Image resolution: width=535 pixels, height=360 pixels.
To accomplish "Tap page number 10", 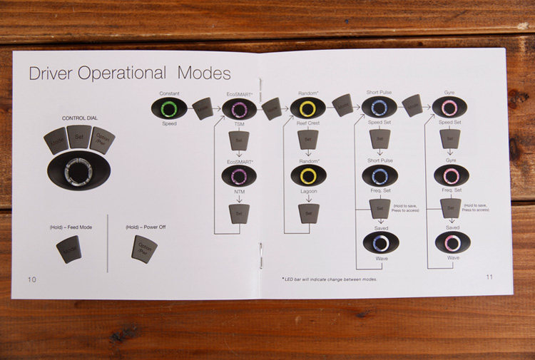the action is coord(31,279).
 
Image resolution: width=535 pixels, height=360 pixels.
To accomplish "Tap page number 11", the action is coord(489,277).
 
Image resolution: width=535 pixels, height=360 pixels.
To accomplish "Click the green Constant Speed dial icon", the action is coord(169,108).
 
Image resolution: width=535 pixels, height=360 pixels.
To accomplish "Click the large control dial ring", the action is coord(78,172).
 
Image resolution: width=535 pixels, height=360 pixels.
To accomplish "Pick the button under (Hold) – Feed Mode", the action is coord(68,248).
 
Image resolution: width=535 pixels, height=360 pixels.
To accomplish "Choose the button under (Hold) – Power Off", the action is coord(143,249).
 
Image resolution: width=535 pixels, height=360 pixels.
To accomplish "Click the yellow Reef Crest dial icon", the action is coord(307,108).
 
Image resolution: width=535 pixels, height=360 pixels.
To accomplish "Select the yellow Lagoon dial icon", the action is coord(307,175).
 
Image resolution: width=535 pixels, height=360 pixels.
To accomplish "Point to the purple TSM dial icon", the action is coord(240,109).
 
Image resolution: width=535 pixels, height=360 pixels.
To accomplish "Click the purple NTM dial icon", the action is coord(240,175).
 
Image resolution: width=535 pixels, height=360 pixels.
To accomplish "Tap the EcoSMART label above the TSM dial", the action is coord(240,94).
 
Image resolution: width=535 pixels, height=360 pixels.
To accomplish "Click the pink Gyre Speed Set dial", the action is coord(449,108).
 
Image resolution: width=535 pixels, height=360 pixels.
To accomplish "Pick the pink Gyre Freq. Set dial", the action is coord(451,175).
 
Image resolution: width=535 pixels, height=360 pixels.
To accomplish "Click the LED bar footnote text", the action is coord(329,279).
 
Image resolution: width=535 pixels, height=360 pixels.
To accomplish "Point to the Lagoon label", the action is coord(307,191).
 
